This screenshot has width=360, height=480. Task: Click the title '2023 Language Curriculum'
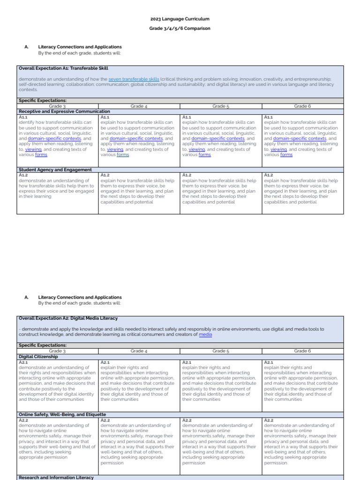click(180, 19)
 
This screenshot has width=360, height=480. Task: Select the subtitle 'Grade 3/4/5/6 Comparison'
click(180, 28)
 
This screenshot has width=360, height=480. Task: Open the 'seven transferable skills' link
click(134, 79)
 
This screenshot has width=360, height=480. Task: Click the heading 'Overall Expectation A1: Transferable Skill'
click(63, 68)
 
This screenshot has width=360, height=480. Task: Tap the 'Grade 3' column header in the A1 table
click(57, 106)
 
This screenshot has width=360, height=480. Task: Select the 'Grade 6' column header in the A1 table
click(302, 106)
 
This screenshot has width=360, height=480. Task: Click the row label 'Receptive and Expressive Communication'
click(64, 112)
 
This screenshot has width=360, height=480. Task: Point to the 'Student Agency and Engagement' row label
click(55, 170)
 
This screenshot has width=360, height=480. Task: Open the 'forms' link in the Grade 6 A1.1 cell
click(286, 155)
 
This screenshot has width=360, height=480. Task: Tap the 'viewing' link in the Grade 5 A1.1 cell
click(197, 150)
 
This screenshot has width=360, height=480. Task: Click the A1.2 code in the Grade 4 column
click(105, 175)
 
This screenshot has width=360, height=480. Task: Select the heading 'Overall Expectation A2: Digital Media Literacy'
click(68, 318)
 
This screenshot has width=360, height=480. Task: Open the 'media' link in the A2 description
click(205, 335)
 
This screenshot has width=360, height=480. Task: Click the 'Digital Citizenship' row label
click(39, 356)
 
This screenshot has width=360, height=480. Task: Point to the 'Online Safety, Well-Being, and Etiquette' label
click(62, 414)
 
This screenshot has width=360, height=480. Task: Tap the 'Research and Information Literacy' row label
click(56, 477)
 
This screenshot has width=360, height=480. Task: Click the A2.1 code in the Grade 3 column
click(23, 362)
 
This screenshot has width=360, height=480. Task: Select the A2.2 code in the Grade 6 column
click(269, 420)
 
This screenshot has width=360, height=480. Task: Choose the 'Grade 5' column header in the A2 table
click(221, 351)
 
